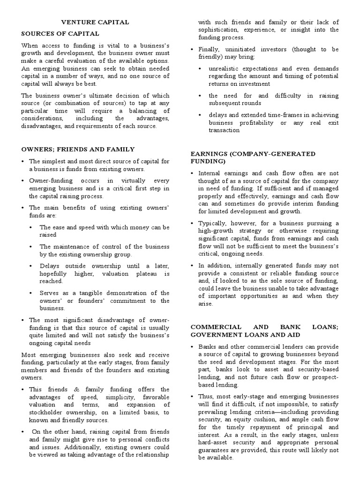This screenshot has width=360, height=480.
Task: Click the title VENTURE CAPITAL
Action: (x=96, y=22)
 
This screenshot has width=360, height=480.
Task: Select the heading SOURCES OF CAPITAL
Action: (x=60, y=34)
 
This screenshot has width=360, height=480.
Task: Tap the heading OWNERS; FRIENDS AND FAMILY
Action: (x=78, y=149)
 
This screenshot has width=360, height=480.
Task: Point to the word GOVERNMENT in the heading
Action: (x=214, y=335)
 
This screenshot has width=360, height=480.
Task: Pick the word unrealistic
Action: (x=227, y=68)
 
